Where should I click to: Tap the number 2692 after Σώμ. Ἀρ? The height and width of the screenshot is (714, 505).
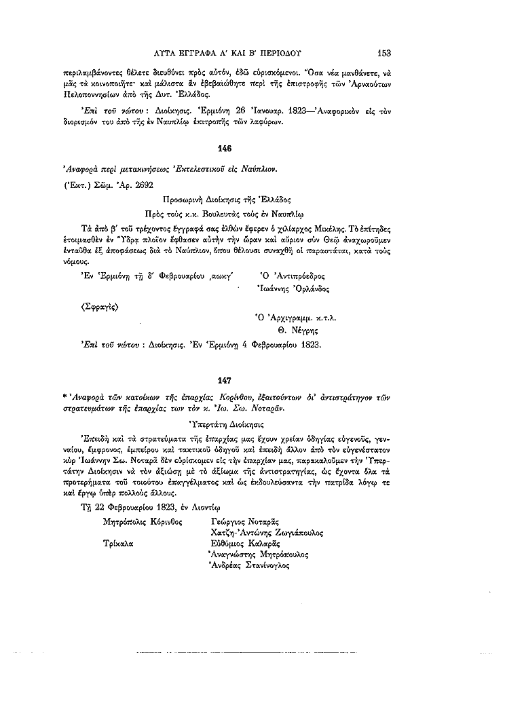[x=144, y=183]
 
